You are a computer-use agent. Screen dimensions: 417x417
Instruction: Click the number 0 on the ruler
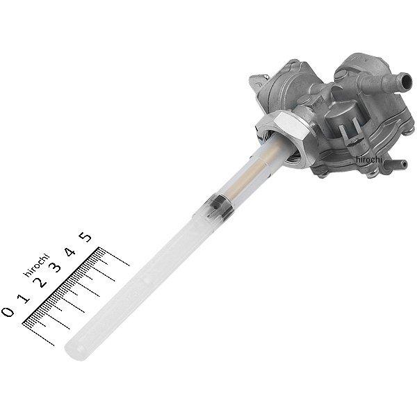tap(8, 311)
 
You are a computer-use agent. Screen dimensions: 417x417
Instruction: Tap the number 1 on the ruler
tap(25, 298)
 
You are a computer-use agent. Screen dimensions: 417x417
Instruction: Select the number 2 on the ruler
tap(40, 282)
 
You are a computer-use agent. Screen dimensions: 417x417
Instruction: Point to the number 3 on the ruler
tap(56, 268)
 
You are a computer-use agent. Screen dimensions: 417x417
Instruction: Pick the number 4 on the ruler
tap(70, 252)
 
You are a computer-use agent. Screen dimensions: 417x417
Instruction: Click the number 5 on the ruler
tap(85, 237)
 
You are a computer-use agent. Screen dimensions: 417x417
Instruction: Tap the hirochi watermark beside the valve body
tap(369, 159)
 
